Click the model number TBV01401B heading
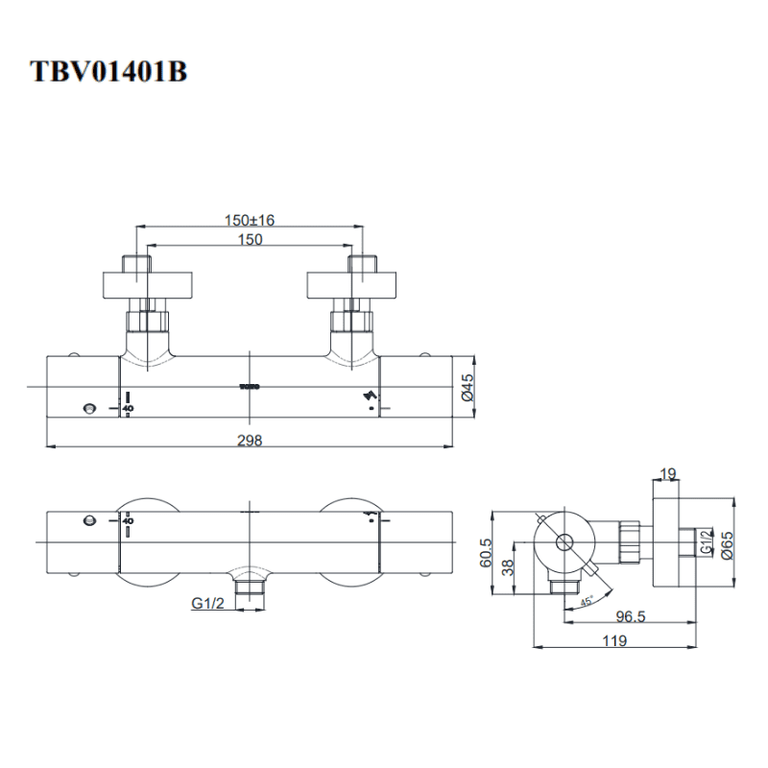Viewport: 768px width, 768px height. [x=108, y=72]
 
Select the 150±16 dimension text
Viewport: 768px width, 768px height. [x=250, y=220]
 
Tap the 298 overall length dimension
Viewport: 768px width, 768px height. [x=250, y=440]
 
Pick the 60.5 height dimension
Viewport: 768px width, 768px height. [x=487, y=552]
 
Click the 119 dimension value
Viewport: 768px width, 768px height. [x=616, y=641]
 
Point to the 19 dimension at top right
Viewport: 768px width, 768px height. [x=668, y=472]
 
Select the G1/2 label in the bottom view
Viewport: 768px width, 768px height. [x=208, y=603]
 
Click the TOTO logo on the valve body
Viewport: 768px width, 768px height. [x=250, y=387]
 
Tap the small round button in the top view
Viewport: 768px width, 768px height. [x=89, y=409]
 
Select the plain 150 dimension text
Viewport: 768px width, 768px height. [x=250, y=240]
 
